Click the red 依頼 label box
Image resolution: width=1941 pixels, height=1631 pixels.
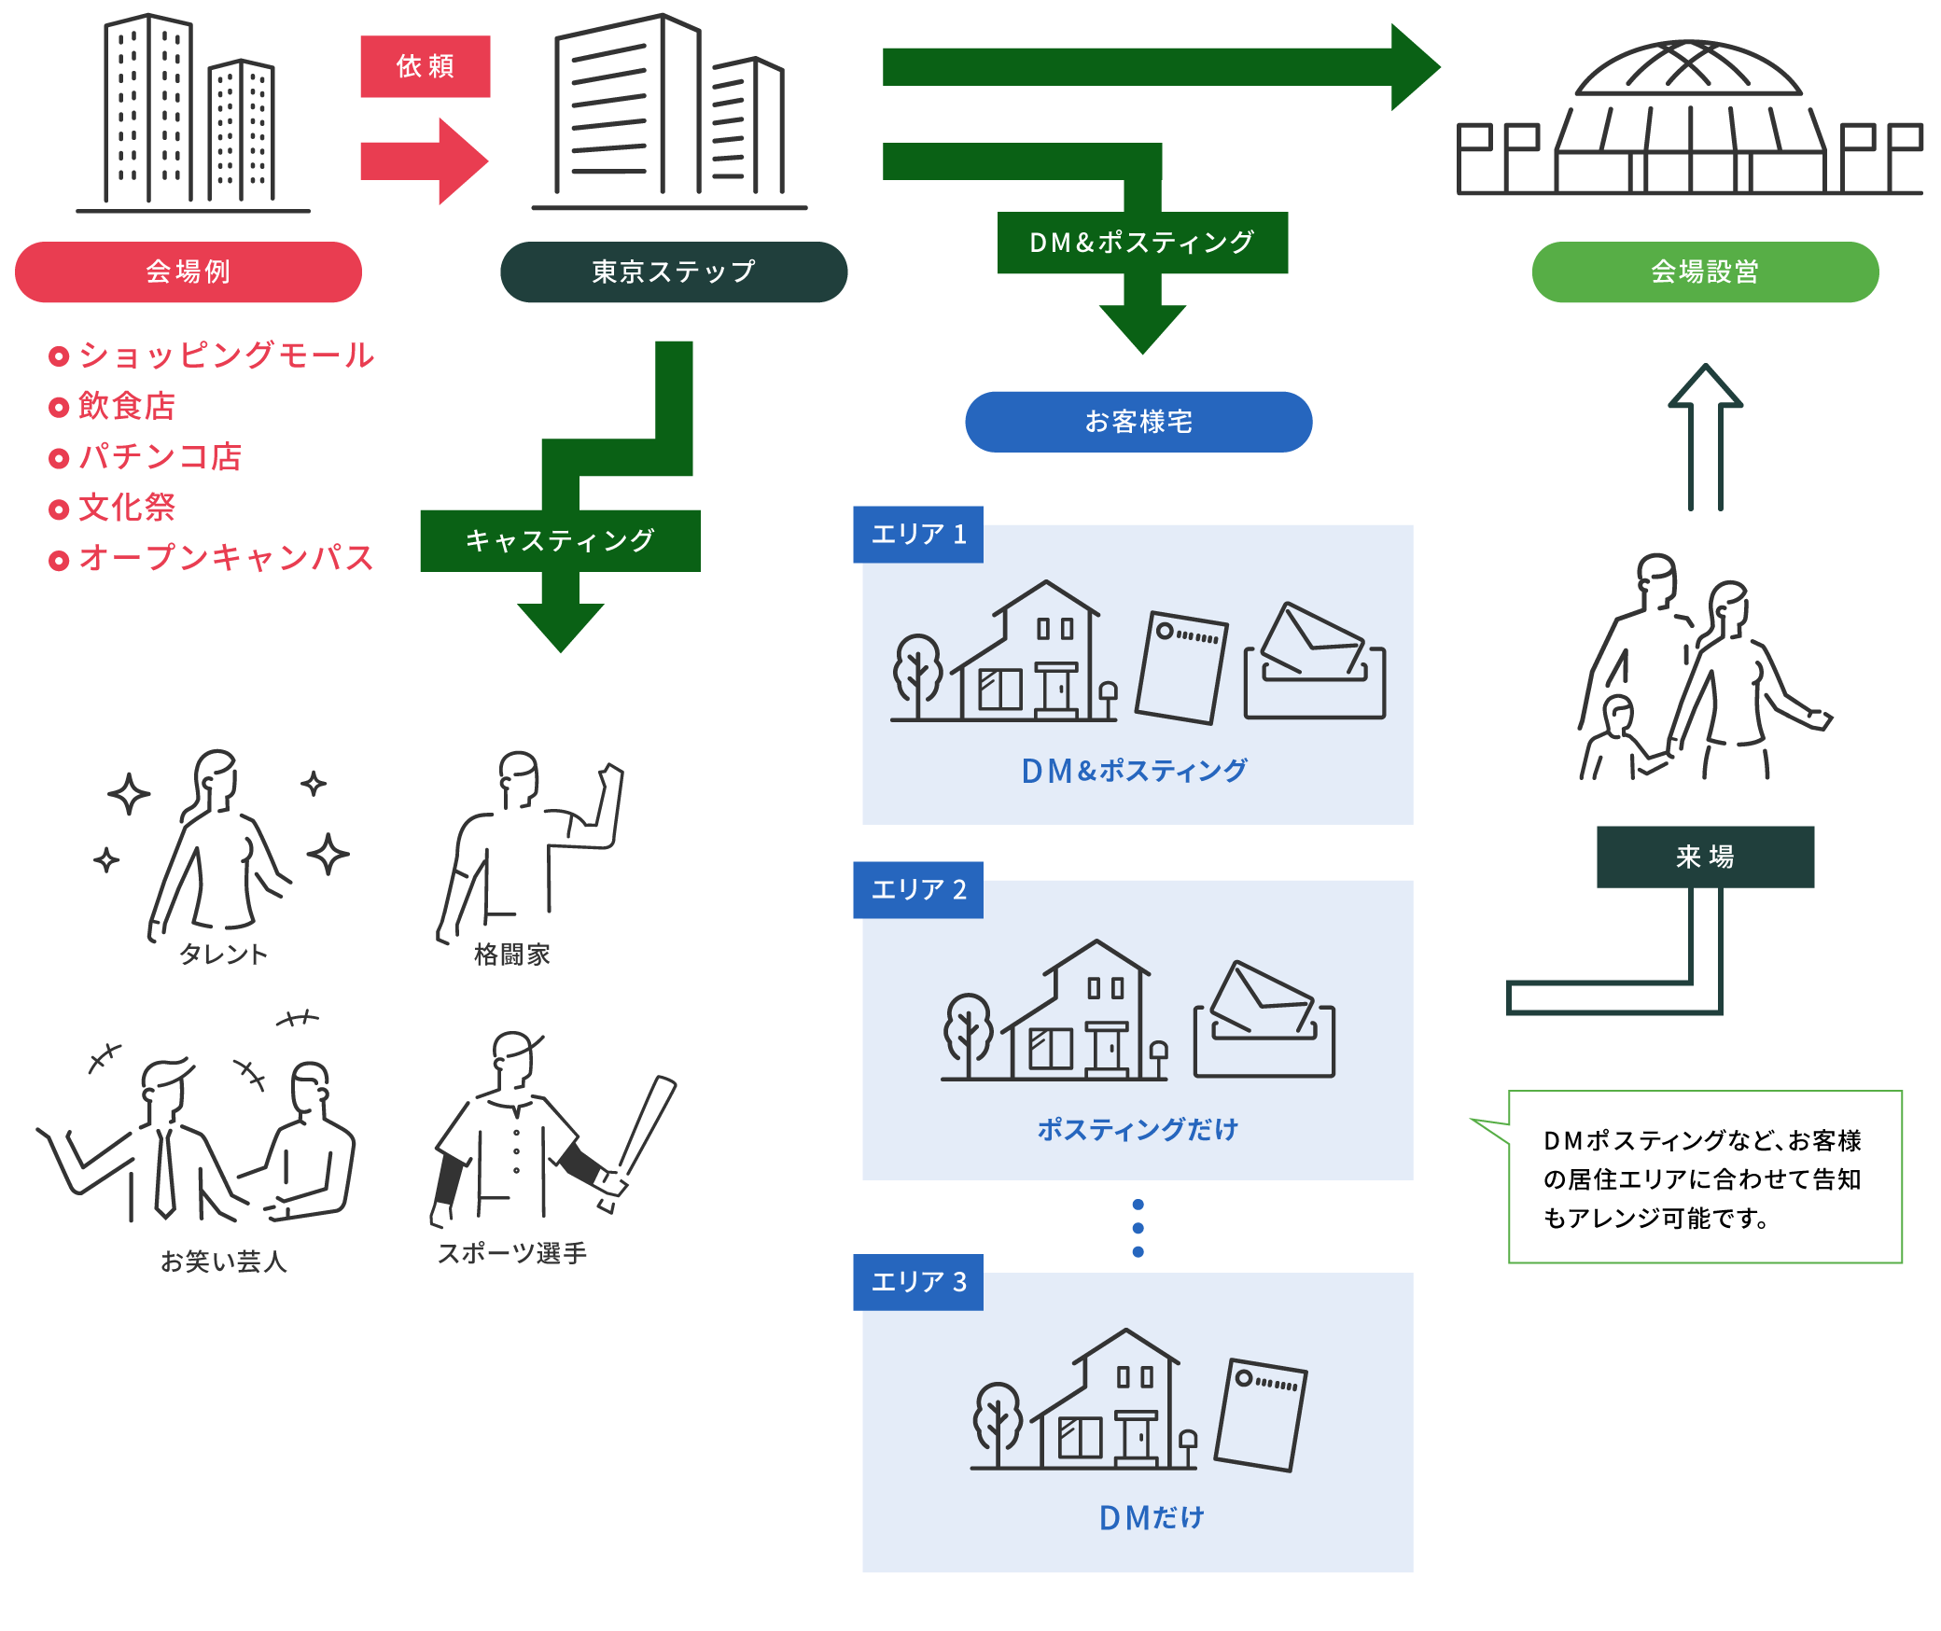[426, 66]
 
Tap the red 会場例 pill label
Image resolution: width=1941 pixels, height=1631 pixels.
[189, 272]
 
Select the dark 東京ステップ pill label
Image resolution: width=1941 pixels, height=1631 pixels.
[674, 272]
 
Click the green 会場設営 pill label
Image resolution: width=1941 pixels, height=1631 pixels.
[1705, 272]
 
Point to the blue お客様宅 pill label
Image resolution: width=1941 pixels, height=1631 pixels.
[1138, 422]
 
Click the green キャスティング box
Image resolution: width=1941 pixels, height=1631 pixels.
[560, 540]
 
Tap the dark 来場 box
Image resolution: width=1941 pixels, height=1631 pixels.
[1705, 857]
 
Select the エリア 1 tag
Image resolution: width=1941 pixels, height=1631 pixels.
[918, 535]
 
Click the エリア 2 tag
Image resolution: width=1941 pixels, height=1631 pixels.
[918, 890]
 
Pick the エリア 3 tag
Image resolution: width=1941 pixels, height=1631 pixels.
[918, 1282]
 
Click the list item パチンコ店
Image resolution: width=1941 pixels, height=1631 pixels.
[160, 457]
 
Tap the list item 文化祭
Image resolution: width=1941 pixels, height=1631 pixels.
[127, 508]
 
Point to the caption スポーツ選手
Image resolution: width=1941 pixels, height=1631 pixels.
[512, 1253]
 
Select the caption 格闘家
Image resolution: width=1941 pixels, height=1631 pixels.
[512, 954]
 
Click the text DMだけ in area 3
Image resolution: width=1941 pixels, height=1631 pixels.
[1152, 1518]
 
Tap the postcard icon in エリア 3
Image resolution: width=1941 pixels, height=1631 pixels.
[1261, 1415]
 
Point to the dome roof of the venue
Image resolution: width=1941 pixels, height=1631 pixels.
[1689, 70]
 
